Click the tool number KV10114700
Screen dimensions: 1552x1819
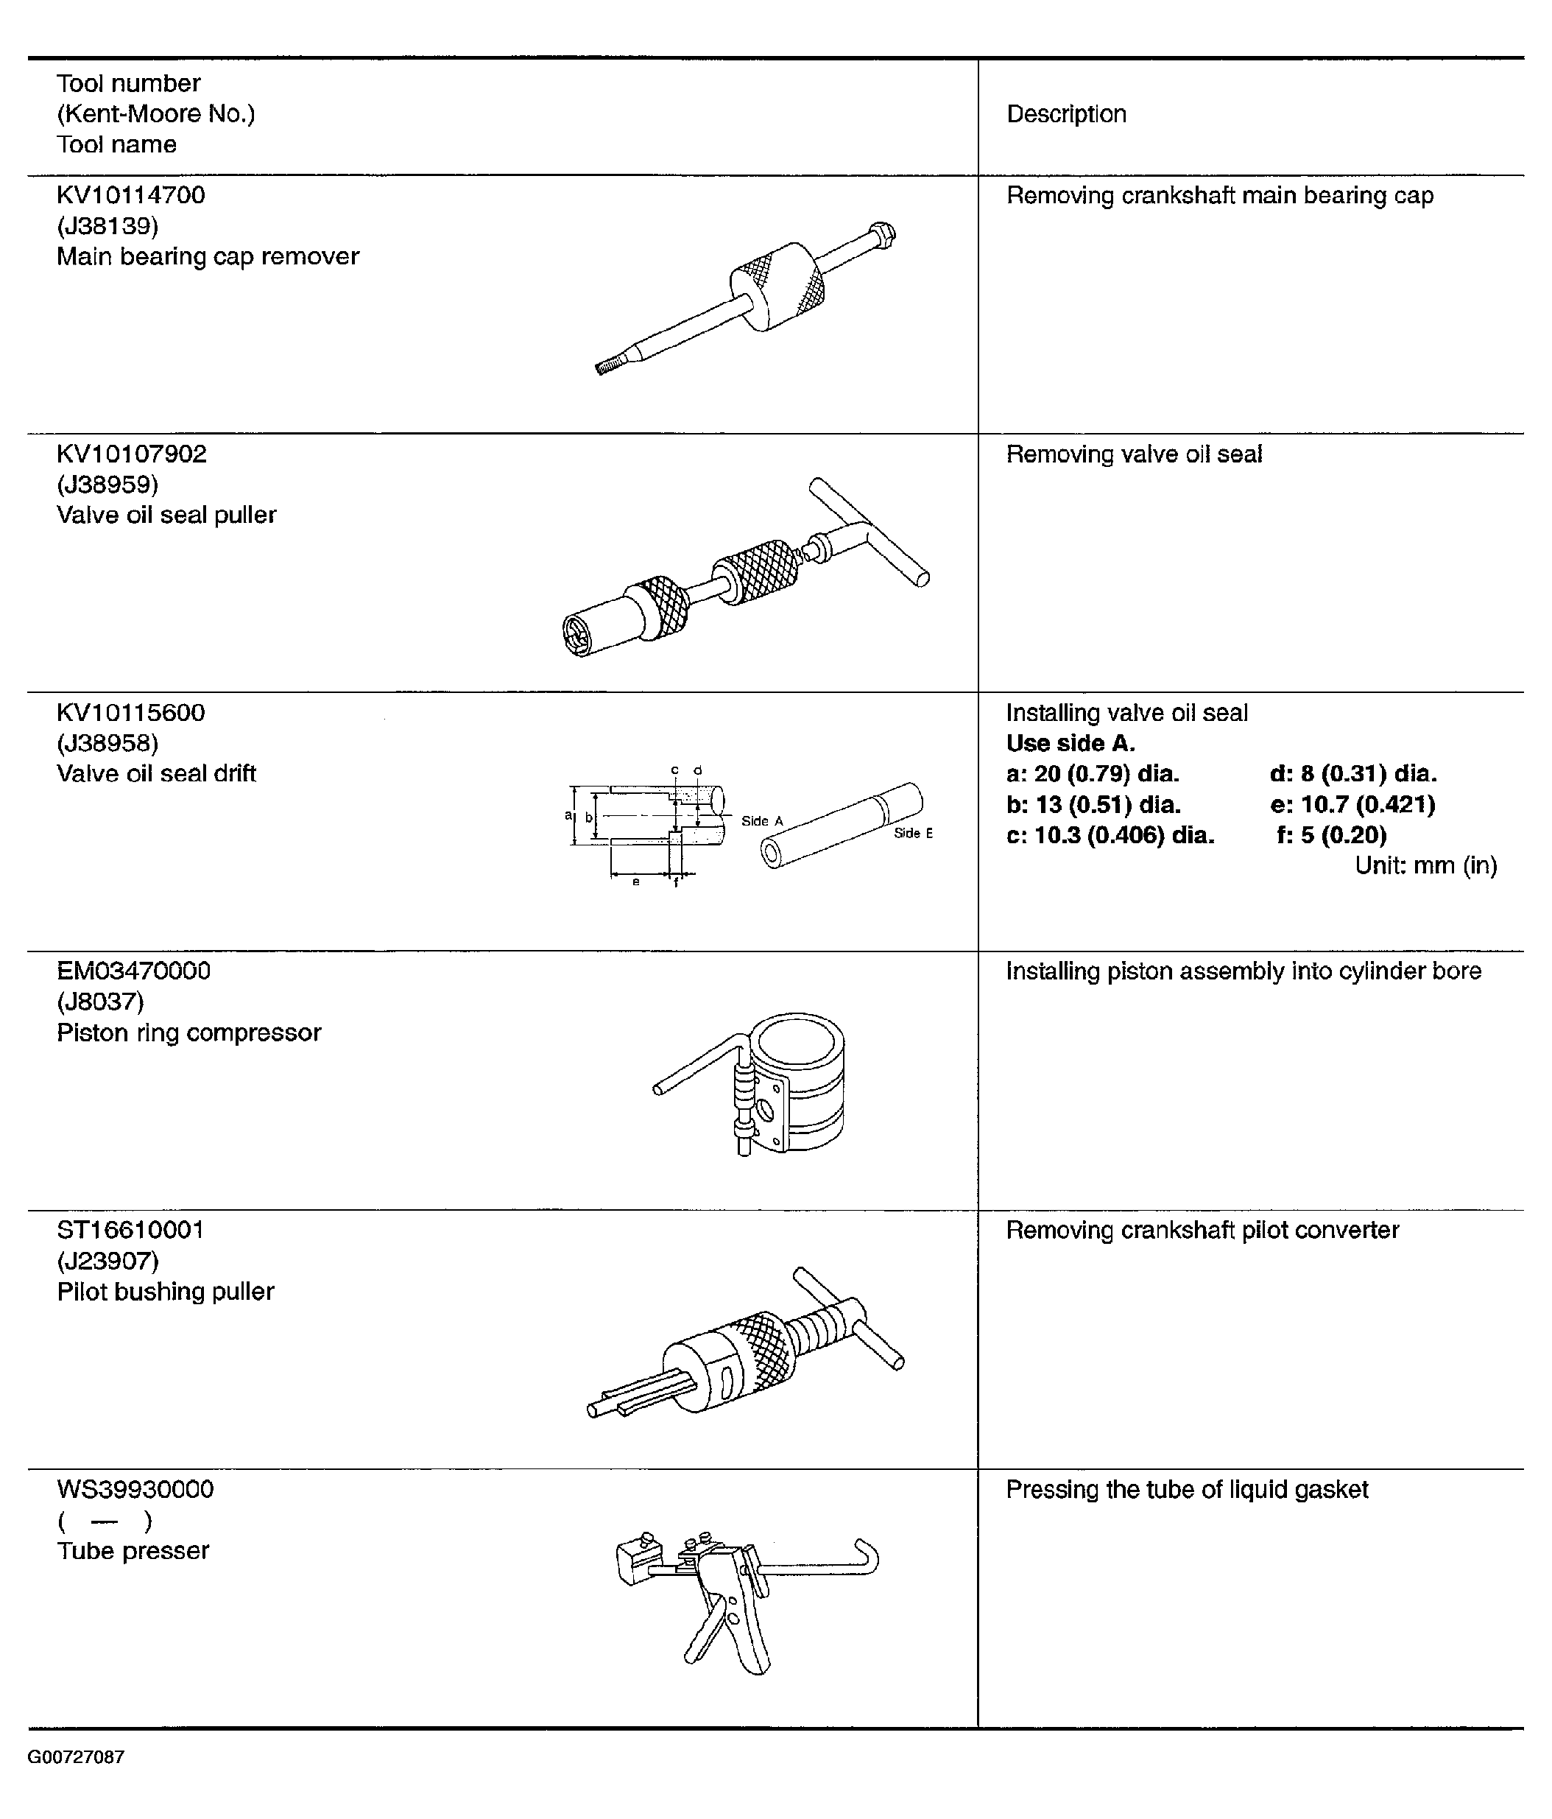131,195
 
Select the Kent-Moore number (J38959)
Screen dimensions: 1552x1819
107,485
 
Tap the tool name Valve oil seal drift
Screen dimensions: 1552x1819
156,773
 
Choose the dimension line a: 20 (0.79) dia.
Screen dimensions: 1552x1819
1093,773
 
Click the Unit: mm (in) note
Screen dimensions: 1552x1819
1425,865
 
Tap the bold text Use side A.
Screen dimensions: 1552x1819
1070,743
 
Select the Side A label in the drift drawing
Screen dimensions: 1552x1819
761,821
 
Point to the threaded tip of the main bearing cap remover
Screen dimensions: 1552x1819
607,366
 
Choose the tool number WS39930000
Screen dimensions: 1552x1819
135,1490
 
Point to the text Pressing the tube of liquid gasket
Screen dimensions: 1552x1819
1187,1490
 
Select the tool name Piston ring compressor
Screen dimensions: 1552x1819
188,1032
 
